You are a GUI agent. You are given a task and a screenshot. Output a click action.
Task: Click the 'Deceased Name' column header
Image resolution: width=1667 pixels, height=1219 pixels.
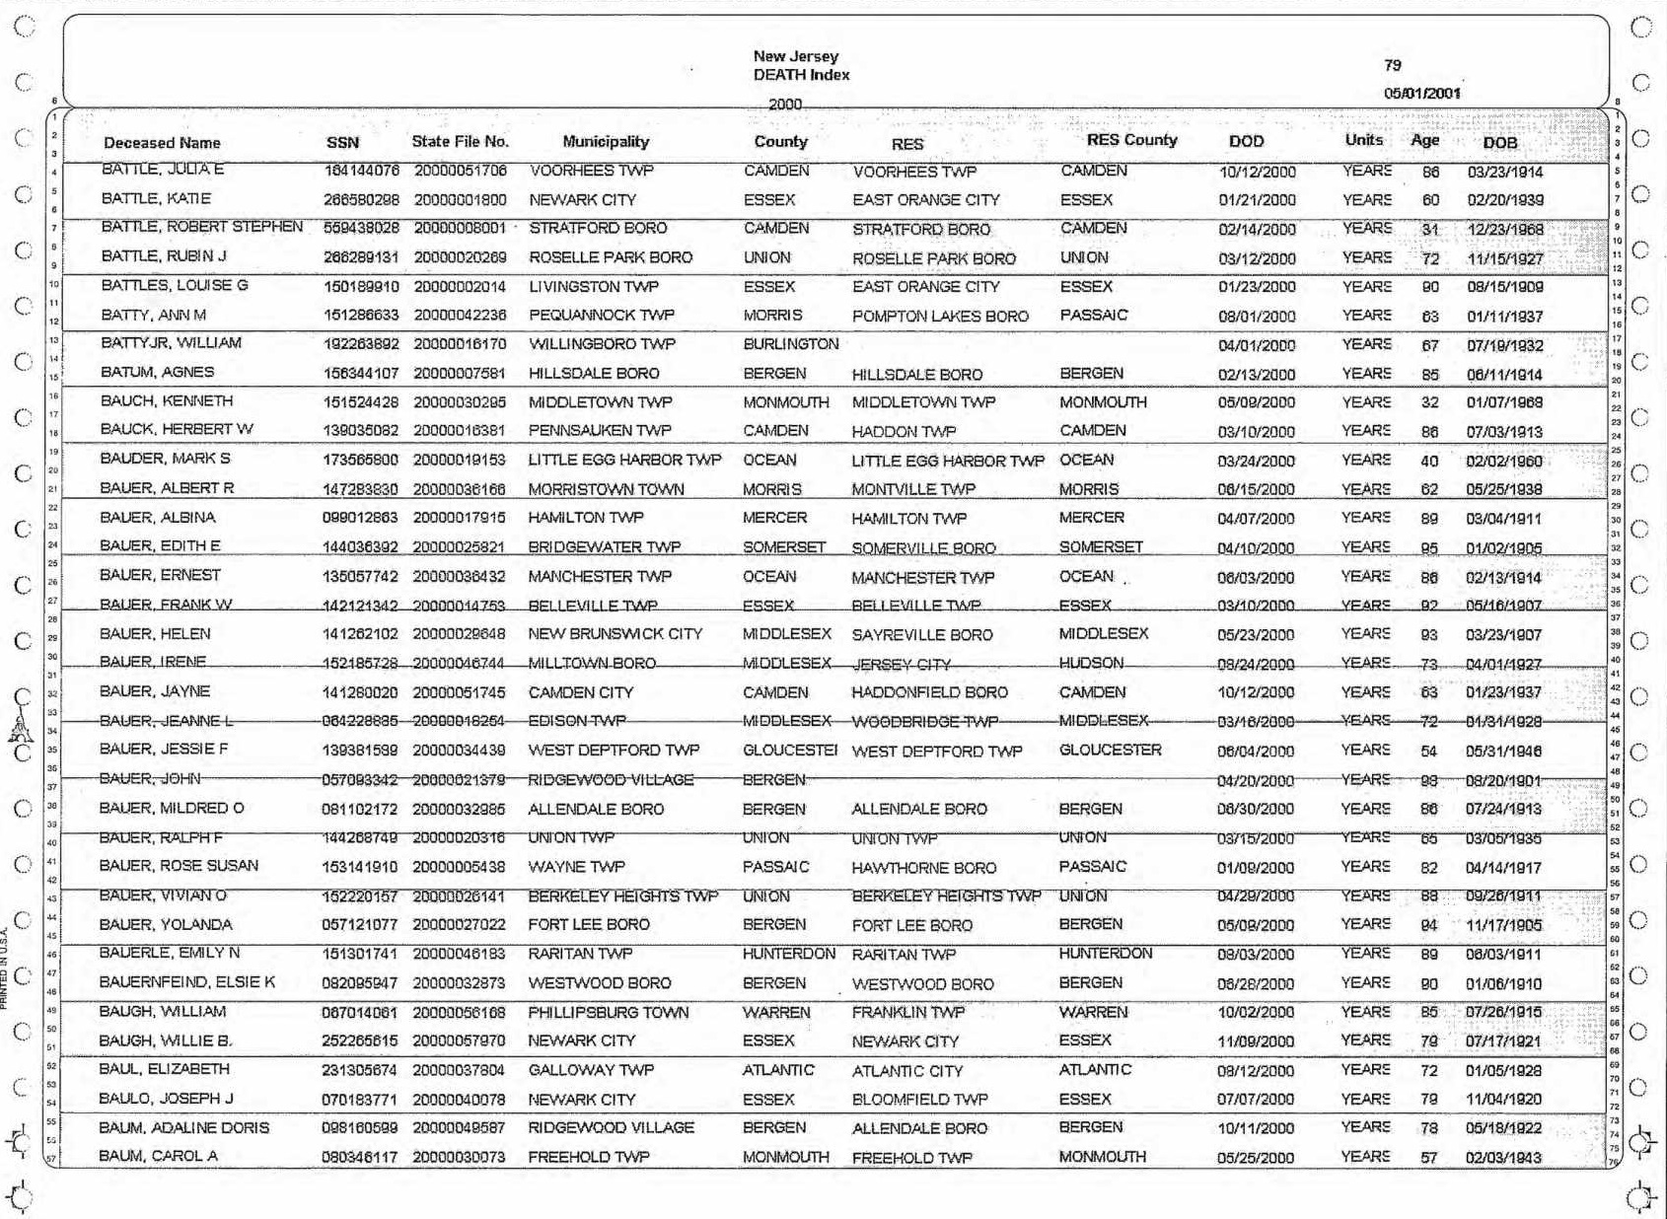point(162,143)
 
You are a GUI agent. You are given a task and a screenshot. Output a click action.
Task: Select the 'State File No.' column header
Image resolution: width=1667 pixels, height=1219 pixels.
point(460,142)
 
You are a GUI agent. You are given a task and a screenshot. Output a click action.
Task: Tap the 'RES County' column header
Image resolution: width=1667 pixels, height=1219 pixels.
point(1131,140)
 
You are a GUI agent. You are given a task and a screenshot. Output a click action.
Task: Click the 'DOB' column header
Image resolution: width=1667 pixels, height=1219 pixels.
point(1499,143)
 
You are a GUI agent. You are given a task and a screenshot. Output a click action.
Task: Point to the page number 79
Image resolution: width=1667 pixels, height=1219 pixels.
point(1392,65)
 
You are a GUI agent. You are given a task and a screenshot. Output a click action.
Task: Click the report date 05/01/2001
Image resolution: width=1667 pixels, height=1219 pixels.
point(1421,94)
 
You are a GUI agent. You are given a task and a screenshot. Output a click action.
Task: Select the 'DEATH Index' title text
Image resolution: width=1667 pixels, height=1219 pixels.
point(801,75)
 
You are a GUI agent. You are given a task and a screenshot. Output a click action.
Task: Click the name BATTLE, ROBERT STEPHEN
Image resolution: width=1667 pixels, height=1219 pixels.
point(202,227)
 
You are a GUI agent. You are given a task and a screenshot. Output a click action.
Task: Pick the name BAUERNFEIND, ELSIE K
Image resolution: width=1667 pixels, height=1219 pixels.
point(187,982)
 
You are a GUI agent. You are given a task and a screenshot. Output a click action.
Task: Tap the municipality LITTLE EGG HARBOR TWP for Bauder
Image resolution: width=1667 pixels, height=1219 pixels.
point(624,460)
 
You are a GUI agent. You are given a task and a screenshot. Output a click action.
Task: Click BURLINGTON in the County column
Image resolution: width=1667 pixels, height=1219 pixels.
point(790,344)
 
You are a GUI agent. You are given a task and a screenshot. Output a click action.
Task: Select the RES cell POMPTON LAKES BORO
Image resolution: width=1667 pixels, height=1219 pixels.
point(940,317)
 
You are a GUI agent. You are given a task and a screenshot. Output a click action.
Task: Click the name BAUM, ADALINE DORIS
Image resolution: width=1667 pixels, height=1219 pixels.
point(184,1127)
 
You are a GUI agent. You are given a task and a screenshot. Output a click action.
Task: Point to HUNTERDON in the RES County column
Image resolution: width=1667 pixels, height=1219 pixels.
point(1105,954)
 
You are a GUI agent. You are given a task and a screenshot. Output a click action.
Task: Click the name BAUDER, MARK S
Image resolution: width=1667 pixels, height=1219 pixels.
point(166,459)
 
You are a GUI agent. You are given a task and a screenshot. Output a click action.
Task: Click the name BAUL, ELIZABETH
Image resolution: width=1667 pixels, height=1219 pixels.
point(164,1069)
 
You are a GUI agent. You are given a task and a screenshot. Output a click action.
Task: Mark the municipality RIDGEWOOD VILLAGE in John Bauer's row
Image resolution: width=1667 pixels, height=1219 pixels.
point(611,780)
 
